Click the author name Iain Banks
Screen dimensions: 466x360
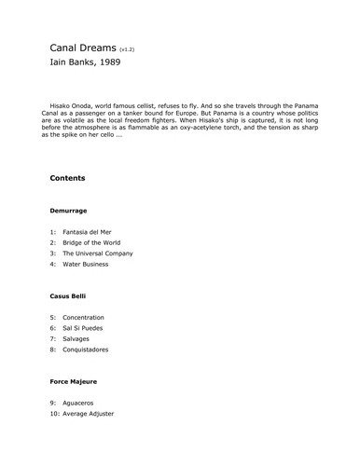click(x=71, y=65)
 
